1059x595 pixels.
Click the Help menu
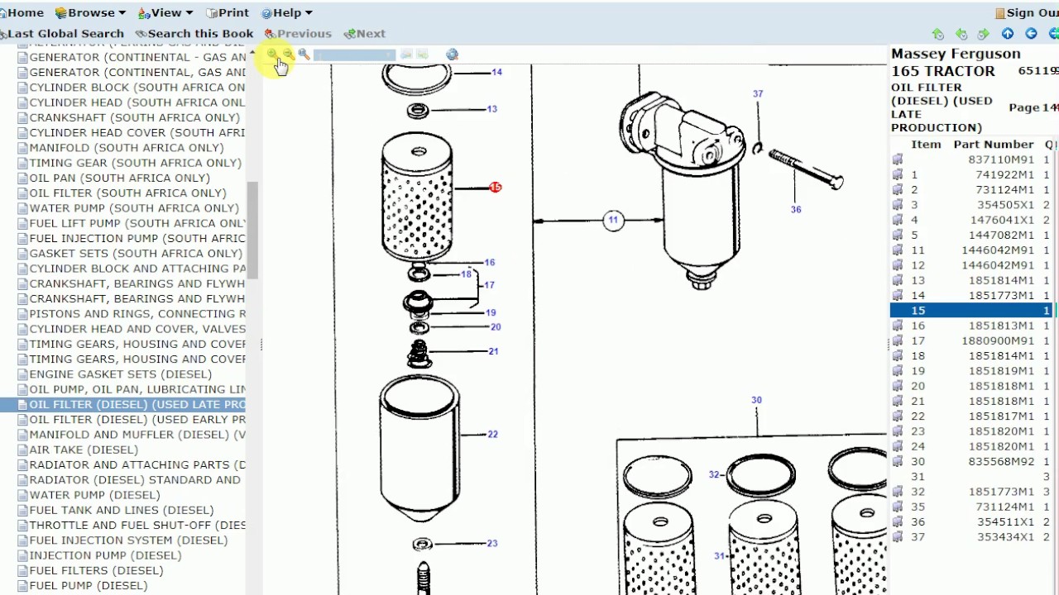[x=286, y=12]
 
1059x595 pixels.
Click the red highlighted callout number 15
[x=495, y=188]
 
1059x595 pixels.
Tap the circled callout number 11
[x=613, y=220]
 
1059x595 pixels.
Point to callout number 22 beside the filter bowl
[x=492, y=434]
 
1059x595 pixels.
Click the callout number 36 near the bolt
[x=795, y=210]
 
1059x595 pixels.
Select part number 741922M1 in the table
[x=1004, y=174]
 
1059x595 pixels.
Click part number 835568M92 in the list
[x=1001, y=461]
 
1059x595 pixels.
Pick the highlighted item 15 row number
[x=918, y=311]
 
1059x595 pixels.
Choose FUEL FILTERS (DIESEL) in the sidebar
[x=96, y=570]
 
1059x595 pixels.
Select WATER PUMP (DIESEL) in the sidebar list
[x=94, y=495]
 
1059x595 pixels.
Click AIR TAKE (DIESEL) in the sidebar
[x=84, y=450]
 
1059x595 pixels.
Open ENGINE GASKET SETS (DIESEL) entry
[x=120, y=374]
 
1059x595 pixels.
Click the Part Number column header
[x=993, y=145]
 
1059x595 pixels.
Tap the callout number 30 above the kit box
[x=756, y=400]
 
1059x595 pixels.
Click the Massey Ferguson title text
[x=956, y=54]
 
